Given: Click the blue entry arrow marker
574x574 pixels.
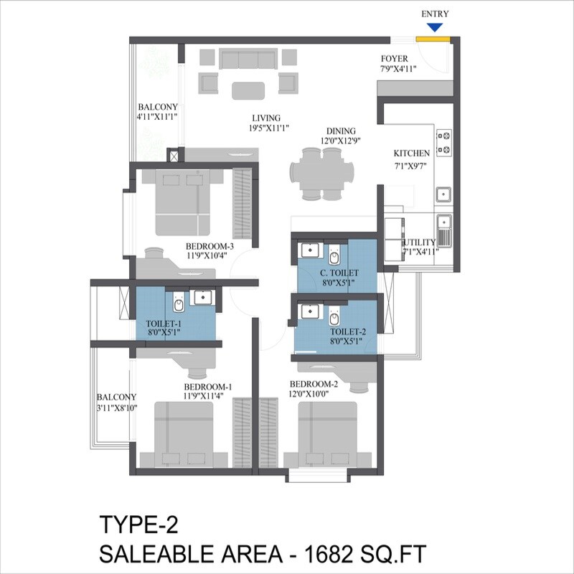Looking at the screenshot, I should [x=433, y=27].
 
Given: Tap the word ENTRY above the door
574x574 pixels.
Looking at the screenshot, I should [x=434, y=14].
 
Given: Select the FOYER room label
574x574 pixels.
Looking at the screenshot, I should [x=395, y=59].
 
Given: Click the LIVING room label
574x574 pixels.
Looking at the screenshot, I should [x=265, y=118].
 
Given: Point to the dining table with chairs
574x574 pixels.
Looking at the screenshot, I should [x=322, y=173].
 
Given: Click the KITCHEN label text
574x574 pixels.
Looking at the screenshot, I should [x=412, y=153].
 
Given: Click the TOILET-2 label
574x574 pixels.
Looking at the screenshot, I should [x=347, y=332].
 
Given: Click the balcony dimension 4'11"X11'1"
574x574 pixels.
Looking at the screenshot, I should [x=157, y=116].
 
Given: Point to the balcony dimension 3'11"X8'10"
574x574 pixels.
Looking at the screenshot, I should [x=117, y=408].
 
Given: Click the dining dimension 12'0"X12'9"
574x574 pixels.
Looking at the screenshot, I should [x=341, y=141].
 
